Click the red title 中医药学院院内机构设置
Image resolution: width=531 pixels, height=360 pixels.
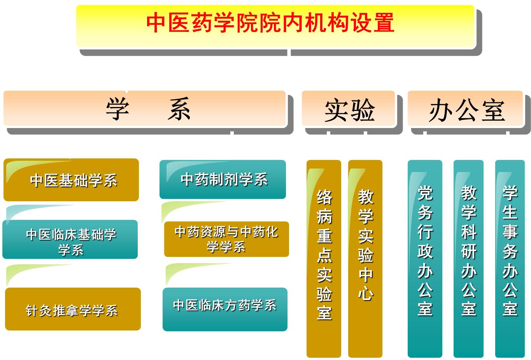point(270,23)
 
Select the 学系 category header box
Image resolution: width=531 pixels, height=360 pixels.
point(144,108)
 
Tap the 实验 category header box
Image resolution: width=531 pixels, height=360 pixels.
point(348,108)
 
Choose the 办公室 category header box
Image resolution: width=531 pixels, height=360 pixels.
point(465,108)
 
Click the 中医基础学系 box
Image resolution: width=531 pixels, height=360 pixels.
point(71,180)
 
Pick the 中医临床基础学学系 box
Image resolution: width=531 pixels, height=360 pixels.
point(70,239)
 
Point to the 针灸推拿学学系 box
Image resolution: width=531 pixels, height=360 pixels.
point(73,309)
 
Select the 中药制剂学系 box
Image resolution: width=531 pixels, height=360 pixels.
point(223,179)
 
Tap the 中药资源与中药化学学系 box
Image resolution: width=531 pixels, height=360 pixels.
point(226,239)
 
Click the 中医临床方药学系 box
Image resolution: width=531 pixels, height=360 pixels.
point(225,309)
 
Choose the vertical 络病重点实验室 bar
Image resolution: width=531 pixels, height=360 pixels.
point(324,258)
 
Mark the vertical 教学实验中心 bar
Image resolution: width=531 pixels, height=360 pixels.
point(365,258)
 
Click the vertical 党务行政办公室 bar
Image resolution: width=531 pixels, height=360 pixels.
point(425,258)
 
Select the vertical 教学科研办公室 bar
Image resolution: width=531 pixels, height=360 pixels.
point(468,258)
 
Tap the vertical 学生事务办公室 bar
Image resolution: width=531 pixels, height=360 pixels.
point(510,258)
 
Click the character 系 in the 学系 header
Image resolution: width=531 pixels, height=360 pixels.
point(179,109)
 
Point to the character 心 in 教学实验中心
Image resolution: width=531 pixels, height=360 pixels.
point(366,293)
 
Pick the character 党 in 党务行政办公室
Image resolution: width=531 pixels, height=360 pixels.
point(425,193)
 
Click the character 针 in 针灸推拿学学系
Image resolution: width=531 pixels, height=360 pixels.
point(32,311)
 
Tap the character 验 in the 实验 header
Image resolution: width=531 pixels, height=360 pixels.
point(363,110)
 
